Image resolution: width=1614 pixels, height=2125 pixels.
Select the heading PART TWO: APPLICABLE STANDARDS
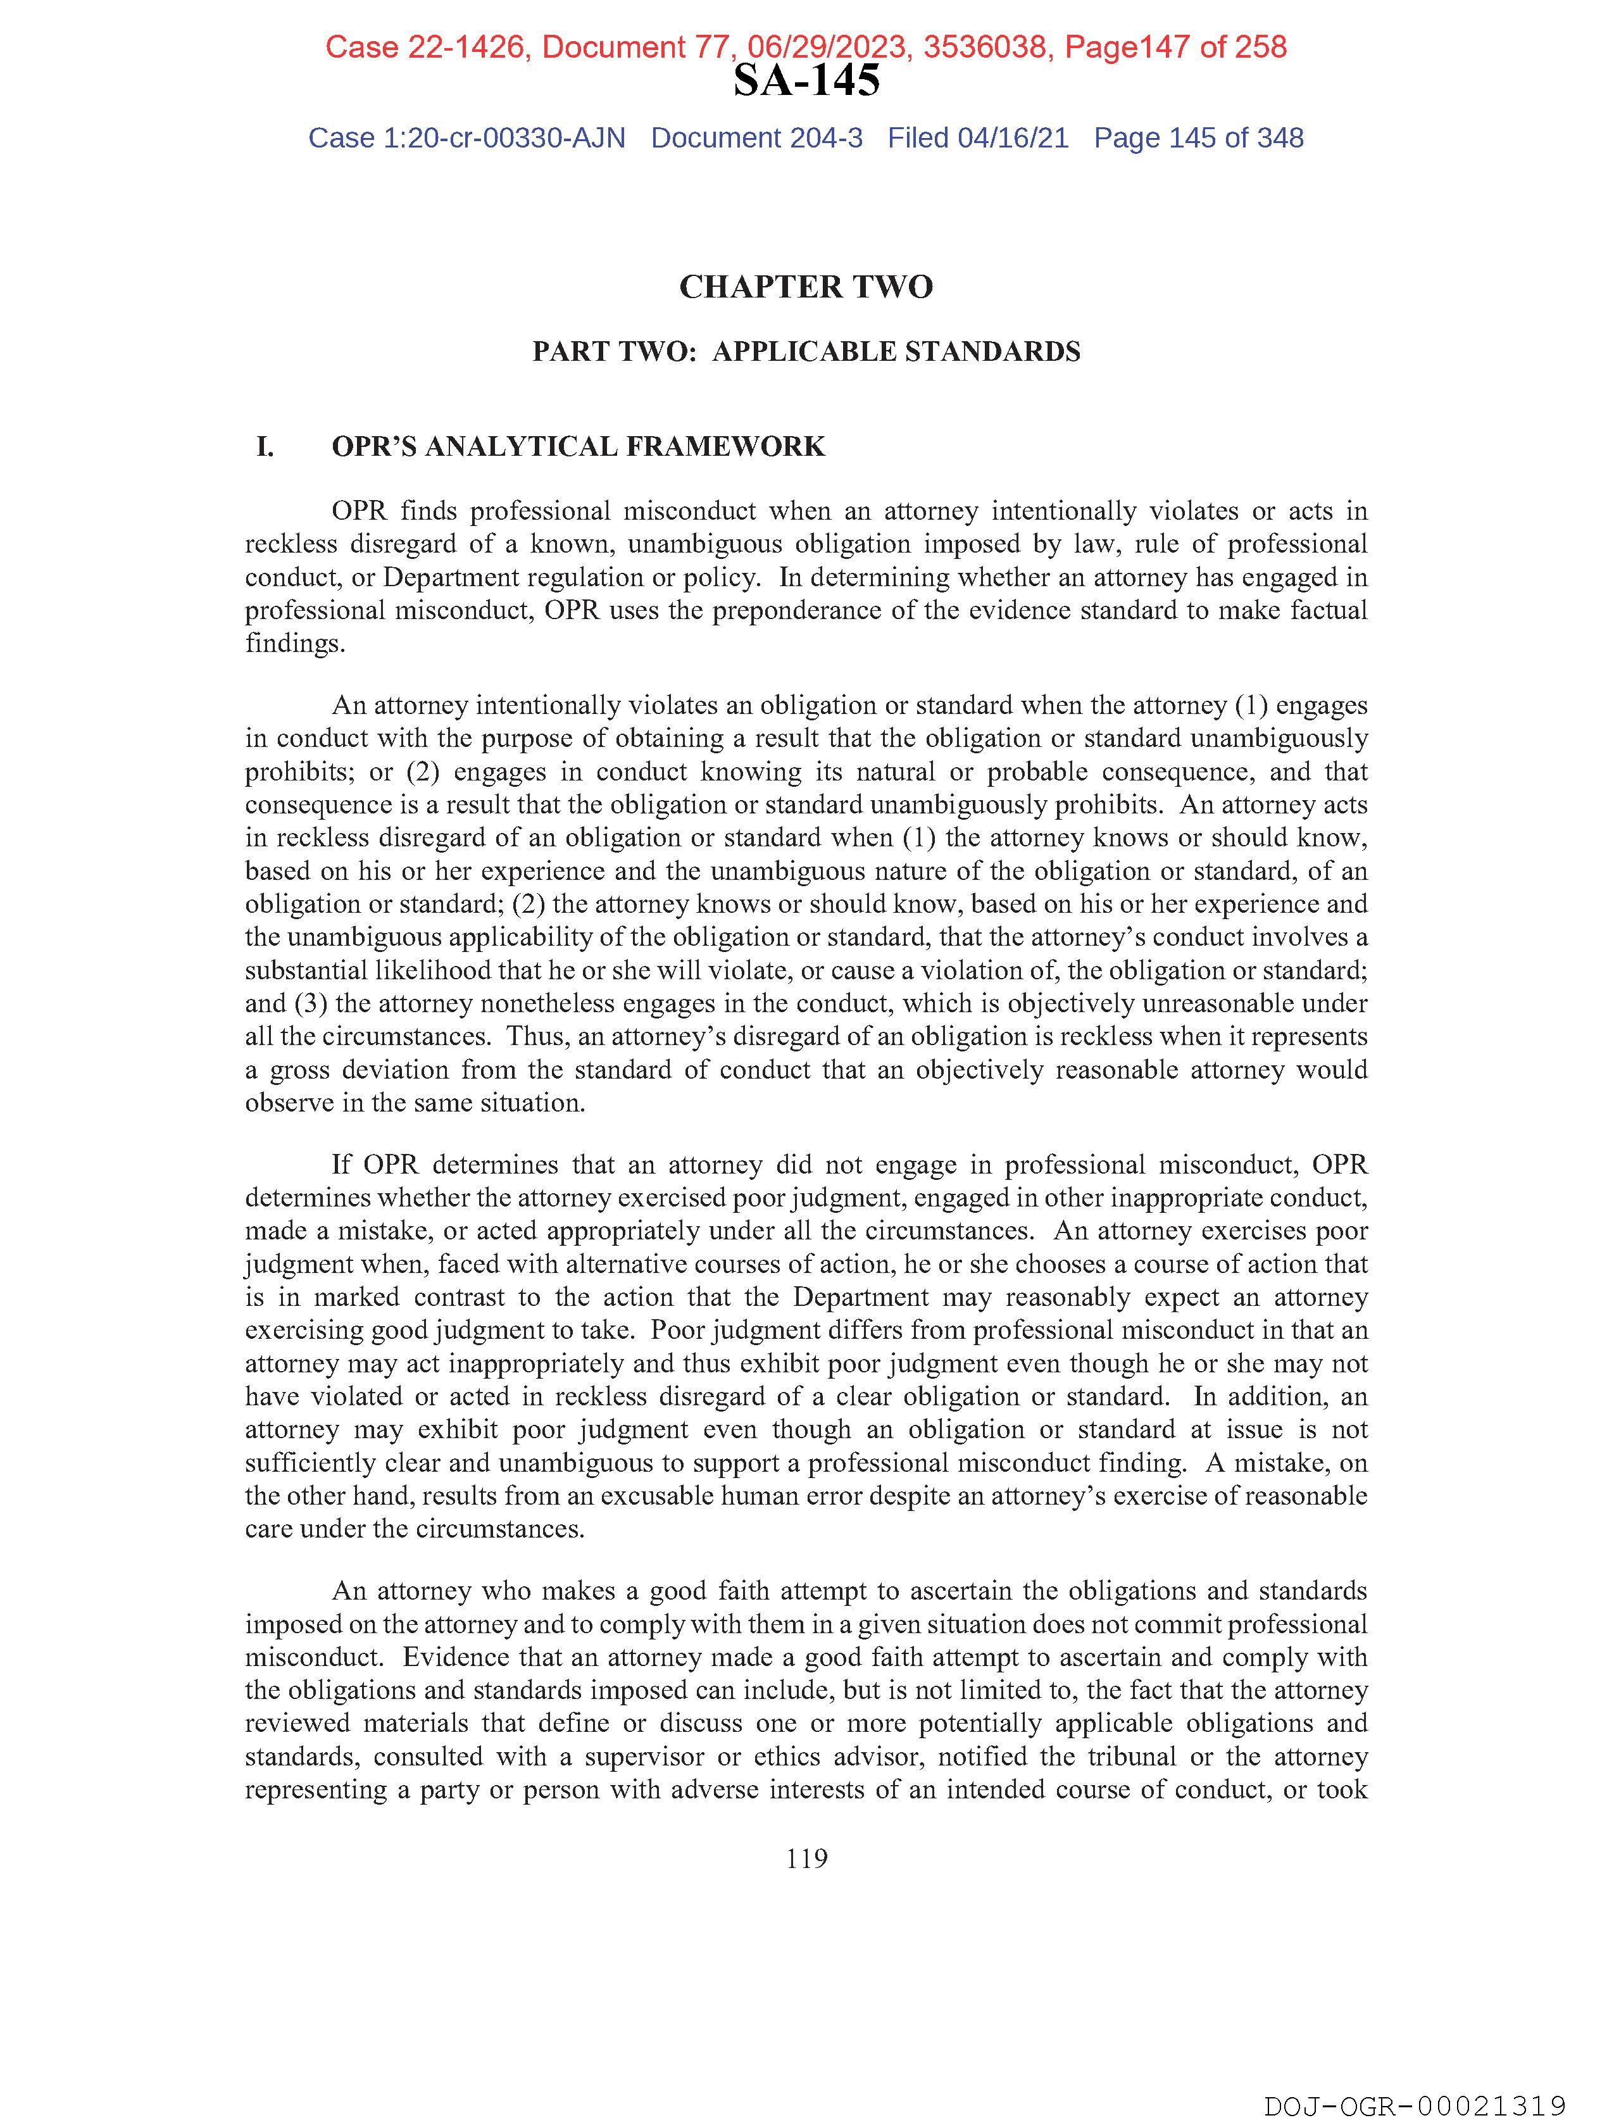coord(806,351)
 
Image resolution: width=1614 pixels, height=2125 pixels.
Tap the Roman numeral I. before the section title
coord(265,447)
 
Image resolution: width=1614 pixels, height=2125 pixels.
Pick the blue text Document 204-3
coord(757,139)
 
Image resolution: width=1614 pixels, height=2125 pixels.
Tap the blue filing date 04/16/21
coord(1013,139)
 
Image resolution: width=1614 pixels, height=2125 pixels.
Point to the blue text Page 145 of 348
coord(1198,139)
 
